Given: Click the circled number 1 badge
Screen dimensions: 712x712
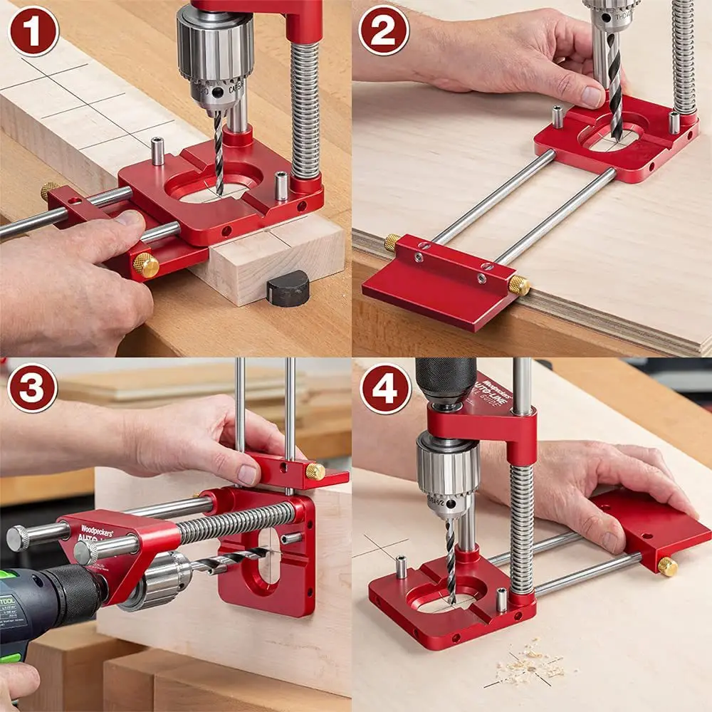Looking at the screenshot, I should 33,31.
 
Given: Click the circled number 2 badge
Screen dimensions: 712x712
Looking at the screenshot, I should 384,31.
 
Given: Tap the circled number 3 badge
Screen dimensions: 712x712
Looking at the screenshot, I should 33,388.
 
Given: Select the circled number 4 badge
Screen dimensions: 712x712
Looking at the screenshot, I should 385,388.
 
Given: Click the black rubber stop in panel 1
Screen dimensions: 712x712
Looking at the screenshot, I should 288,288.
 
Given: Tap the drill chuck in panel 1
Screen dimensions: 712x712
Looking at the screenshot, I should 214,61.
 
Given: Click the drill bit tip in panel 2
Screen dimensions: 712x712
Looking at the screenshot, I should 614,132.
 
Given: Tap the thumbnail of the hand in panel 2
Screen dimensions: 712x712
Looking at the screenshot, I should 592,96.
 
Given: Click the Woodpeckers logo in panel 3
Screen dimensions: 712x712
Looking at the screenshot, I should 95,529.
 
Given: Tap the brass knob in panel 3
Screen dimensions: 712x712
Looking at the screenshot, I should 315,471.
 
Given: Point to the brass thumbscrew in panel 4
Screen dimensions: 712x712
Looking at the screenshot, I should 667,566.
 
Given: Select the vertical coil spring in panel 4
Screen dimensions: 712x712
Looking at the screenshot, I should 521,527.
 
